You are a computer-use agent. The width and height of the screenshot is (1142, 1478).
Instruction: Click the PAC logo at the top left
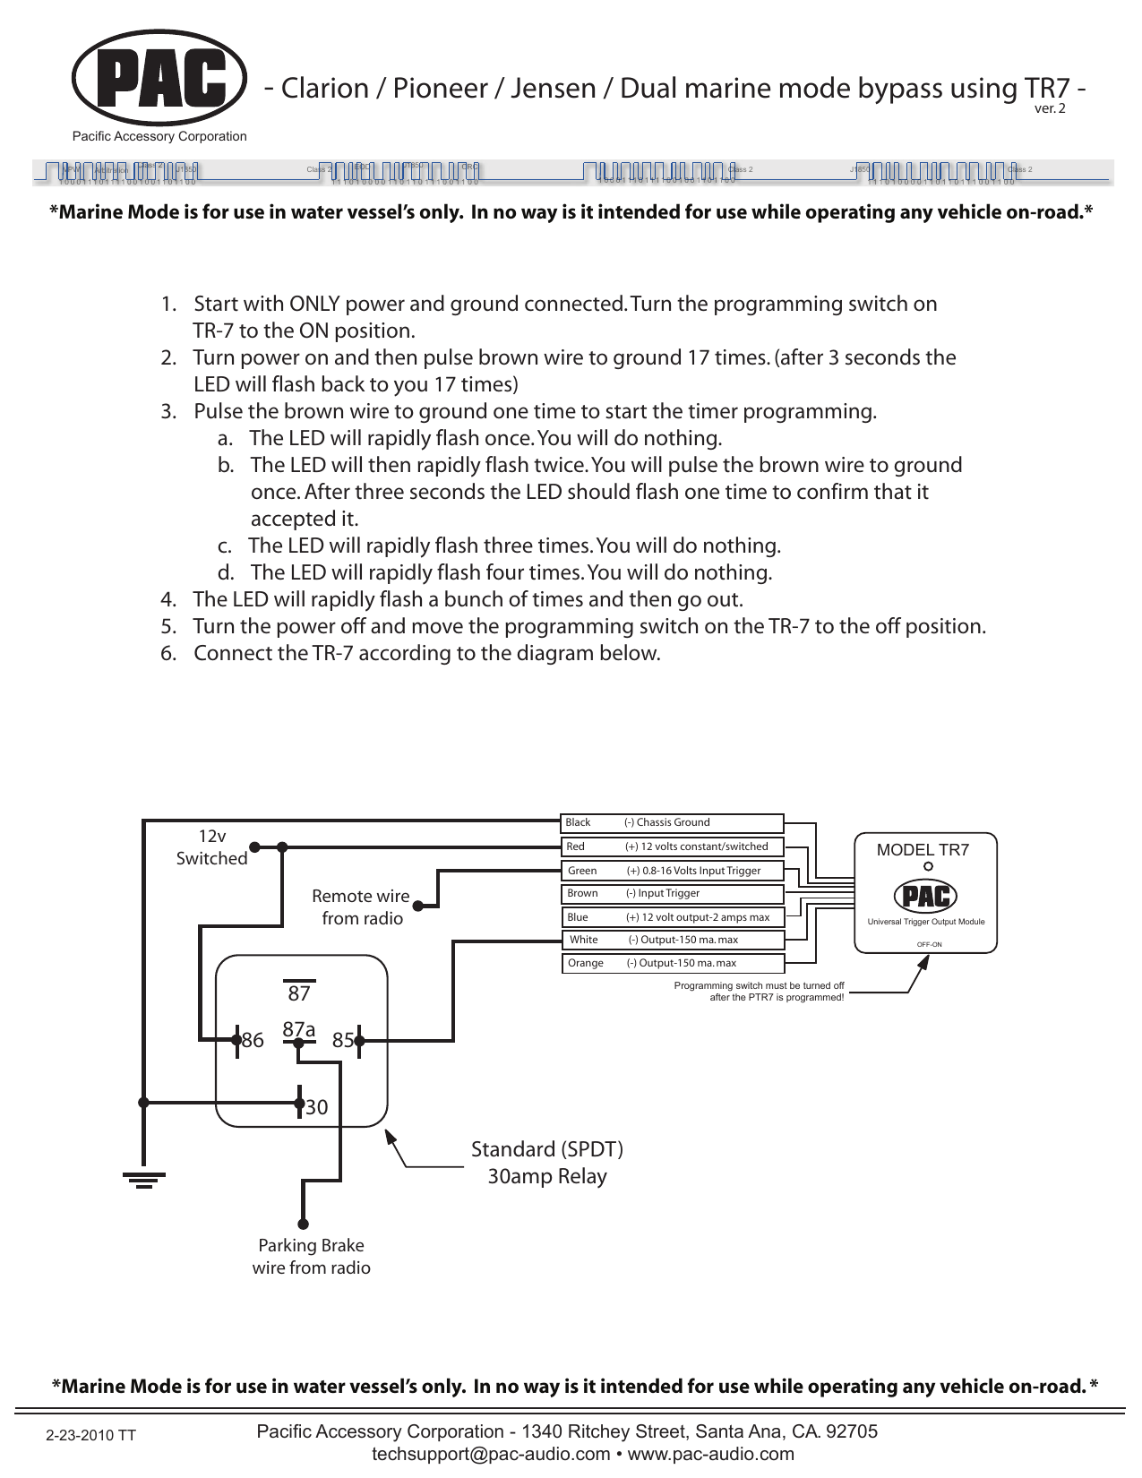159,79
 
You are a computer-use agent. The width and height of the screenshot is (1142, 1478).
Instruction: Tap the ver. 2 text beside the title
1050,109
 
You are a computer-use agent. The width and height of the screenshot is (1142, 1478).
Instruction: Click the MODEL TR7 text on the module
923,850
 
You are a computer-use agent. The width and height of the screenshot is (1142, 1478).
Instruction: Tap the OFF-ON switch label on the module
929,945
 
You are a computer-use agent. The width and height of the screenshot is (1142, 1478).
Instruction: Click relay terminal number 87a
299,1030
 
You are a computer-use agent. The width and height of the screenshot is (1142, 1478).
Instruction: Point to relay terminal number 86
253,1041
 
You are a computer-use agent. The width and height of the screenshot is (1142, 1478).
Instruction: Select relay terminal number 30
316,1108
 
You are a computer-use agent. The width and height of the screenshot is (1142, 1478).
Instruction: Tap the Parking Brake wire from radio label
311,1257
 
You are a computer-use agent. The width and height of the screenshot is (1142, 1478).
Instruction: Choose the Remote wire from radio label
362,907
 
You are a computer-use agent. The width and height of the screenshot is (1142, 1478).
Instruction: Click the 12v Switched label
211,847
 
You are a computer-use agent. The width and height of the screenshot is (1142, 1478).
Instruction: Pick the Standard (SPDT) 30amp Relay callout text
547,1163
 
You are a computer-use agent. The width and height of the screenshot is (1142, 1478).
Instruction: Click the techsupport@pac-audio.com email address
491,1454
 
